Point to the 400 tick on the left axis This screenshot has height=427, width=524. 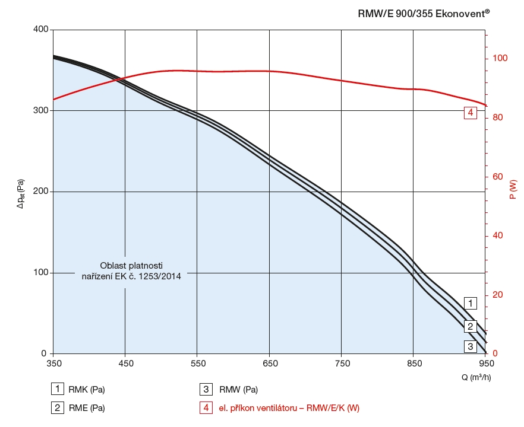click(x=40, y=30)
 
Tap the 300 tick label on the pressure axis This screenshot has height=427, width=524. click(x=40, y=111)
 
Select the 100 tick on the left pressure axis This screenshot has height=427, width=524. click(x=40, y=273)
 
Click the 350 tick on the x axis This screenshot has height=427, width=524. click(x=53, y=363)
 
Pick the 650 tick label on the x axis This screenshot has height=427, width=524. click(x=270, y=363)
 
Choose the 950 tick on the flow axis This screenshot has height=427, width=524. click(x=486, y=363)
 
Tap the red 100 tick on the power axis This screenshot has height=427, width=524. click(x=500, y=58)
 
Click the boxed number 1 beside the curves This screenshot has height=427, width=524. click(x=470, y=303)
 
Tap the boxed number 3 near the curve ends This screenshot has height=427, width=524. click(x=470, y=346)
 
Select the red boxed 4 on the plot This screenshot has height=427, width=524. click(x=470, y=112)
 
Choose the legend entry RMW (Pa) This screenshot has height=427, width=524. click(x=238, y=390)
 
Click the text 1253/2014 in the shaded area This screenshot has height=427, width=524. click(x=161, y=276)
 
